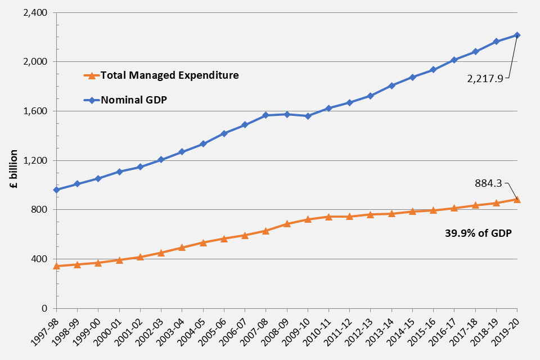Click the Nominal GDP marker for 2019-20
(517, 35)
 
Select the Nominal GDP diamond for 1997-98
(56, 190)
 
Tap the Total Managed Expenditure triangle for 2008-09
(287, 223)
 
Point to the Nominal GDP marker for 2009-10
(308, 116)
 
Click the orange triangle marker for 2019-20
(517, 199)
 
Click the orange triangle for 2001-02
(140, 256)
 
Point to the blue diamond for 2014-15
(412, 77)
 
